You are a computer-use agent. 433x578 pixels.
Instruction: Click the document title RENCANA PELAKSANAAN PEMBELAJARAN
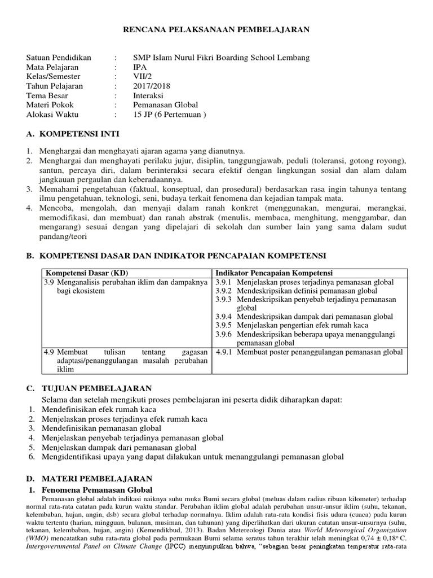216,29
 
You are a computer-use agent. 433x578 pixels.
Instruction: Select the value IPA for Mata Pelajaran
139,67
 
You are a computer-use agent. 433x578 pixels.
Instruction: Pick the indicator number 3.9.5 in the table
224,325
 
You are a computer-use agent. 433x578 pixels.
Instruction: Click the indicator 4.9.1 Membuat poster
310,352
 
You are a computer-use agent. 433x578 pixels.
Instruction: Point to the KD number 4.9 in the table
50,352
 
